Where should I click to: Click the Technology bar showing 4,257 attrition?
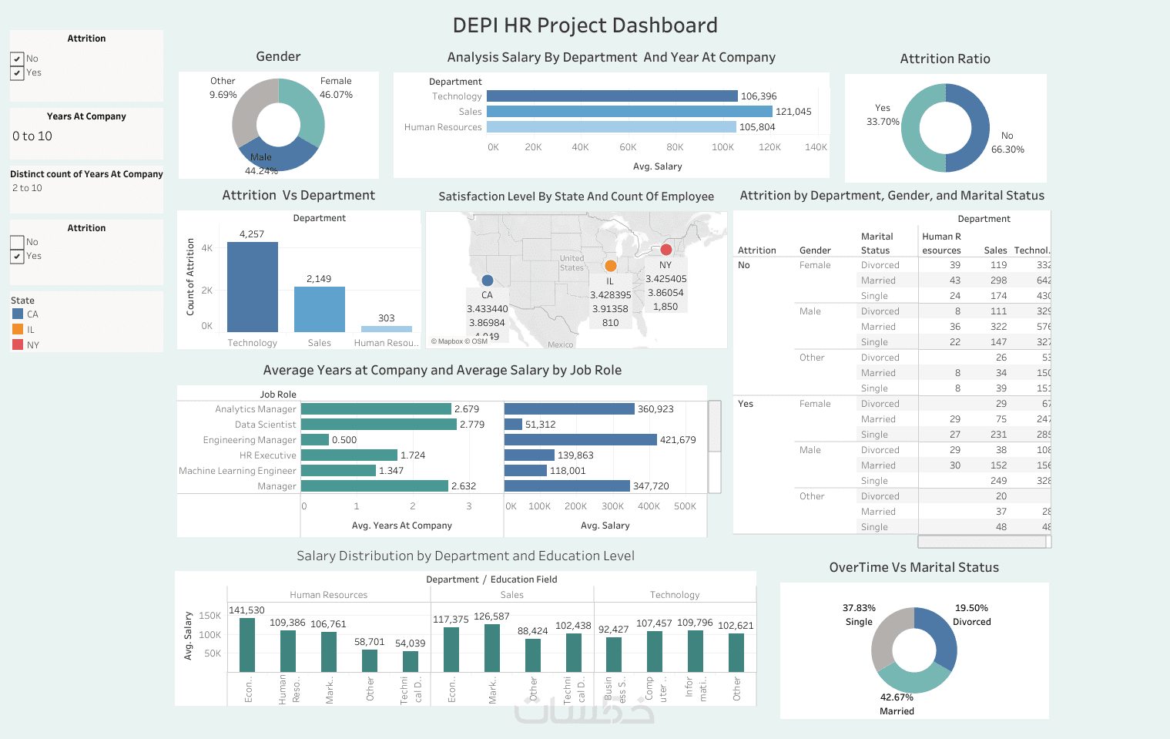click(x=253, y=287)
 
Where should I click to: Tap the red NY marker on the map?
click(x=666, y=250)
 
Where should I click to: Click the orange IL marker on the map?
click(x=611, y=266)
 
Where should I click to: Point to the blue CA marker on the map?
click(x=487, y=280)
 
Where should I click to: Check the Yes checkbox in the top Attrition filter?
click(x=17, y=73)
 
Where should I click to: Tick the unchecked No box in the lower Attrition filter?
click(x=17, y=242)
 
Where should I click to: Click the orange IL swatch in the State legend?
click(x=18, y=330)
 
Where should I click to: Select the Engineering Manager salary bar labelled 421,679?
click(x=581, y=440)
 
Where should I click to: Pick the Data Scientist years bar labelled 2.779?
click(x=378, y=425)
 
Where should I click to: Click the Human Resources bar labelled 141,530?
click(x=247, y=645)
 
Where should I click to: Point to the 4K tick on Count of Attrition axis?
click(x=206, y=248)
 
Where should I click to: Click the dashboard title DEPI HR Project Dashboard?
click(x=585, y=25)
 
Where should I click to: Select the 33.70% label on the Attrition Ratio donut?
click(x=883, y=122)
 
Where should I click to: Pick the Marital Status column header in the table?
click(x=877, y=244)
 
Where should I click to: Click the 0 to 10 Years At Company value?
click(x=32, y=136)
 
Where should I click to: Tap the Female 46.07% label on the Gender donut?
click(x=336, y=88)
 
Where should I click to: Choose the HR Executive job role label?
click(x=267, y=455)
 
